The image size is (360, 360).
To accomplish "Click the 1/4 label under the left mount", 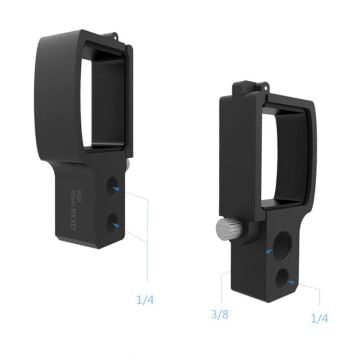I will point(146,298).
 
